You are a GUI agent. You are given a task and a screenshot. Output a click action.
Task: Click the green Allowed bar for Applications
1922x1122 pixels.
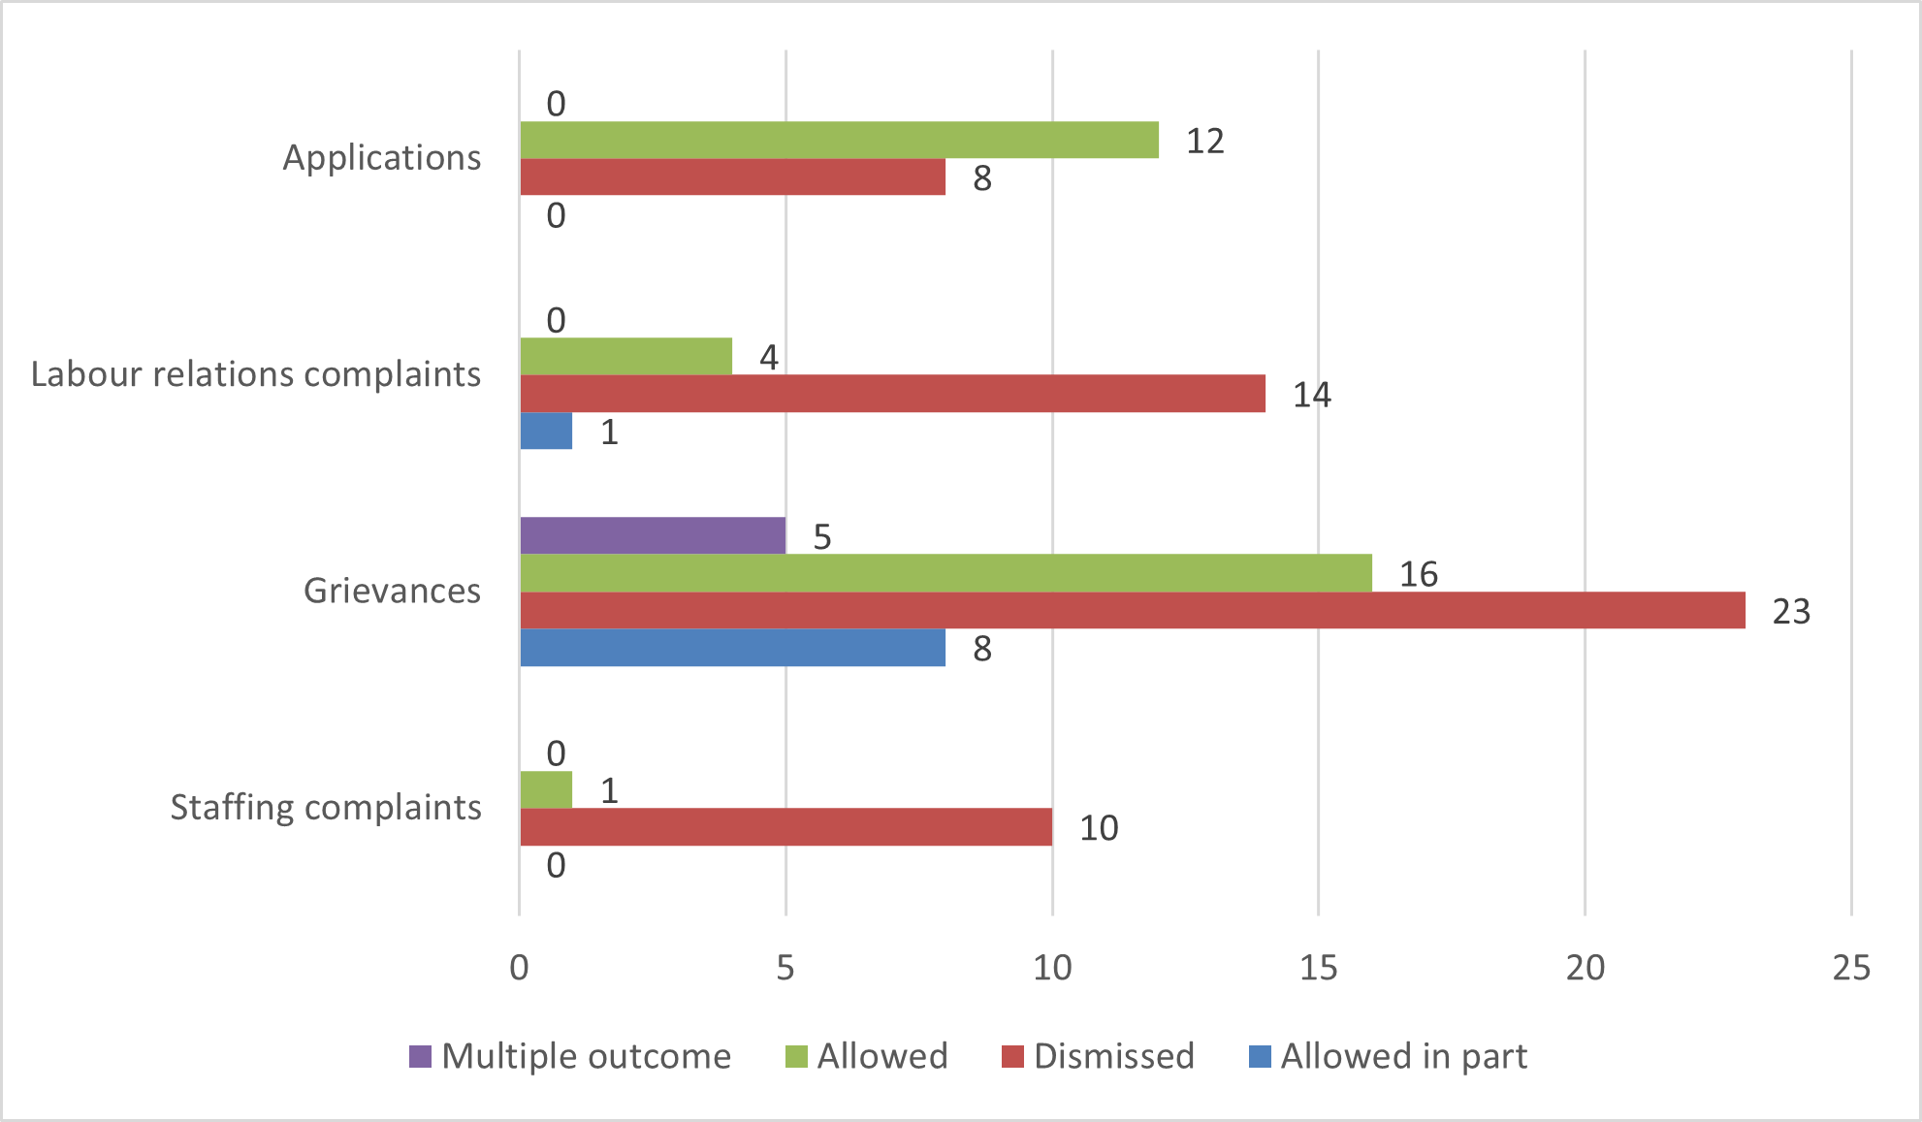click(839, 140)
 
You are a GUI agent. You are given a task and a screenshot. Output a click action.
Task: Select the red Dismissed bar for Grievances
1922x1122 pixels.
click(1132, 610)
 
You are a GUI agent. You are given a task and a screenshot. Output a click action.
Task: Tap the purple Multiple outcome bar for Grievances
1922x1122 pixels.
click(653, 535)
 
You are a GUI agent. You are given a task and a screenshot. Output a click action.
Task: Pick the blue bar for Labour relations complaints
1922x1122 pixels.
click(546, 431)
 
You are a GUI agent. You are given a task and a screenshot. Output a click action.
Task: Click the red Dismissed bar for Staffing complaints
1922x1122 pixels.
click(785, 827)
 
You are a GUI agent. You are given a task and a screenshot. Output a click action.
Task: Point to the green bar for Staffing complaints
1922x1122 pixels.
click(546, 789)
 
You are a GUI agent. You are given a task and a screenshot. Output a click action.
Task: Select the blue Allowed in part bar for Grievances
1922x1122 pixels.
click(732, 648)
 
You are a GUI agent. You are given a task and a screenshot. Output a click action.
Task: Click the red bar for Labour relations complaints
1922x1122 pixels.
click(892, 394)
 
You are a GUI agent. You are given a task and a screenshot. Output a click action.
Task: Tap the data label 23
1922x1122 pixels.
click(1791, 612)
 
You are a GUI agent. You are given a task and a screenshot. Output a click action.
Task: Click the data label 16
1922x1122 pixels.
click(1418, 575)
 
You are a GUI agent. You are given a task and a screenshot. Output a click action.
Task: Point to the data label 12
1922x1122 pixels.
click(1204, 142)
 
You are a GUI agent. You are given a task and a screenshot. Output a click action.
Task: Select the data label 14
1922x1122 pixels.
click(1311, 396)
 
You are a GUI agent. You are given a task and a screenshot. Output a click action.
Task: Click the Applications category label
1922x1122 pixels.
click(381, 158)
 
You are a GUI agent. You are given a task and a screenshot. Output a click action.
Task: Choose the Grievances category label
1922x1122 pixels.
click(392, 591)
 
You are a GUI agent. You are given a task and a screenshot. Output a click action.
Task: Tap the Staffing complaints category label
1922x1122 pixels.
click(326, 808)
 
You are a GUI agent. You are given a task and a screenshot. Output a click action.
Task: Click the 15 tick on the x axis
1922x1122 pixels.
click(1318, 968)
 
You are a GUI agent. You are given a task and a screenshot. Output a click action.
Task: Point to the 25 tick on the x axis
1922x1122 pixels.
click(1850, 968)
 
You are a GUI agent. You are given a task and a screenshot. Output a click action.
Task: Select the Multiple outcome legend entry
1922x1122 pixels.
click(570, 1056)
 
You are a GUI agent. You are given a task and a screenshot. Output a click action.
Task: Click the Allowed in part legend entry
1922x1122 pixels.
click(1389, 1056)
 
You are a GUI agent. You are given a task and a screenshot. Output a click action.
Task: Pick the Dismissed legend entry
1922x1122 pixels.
click(1099, 1056)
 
